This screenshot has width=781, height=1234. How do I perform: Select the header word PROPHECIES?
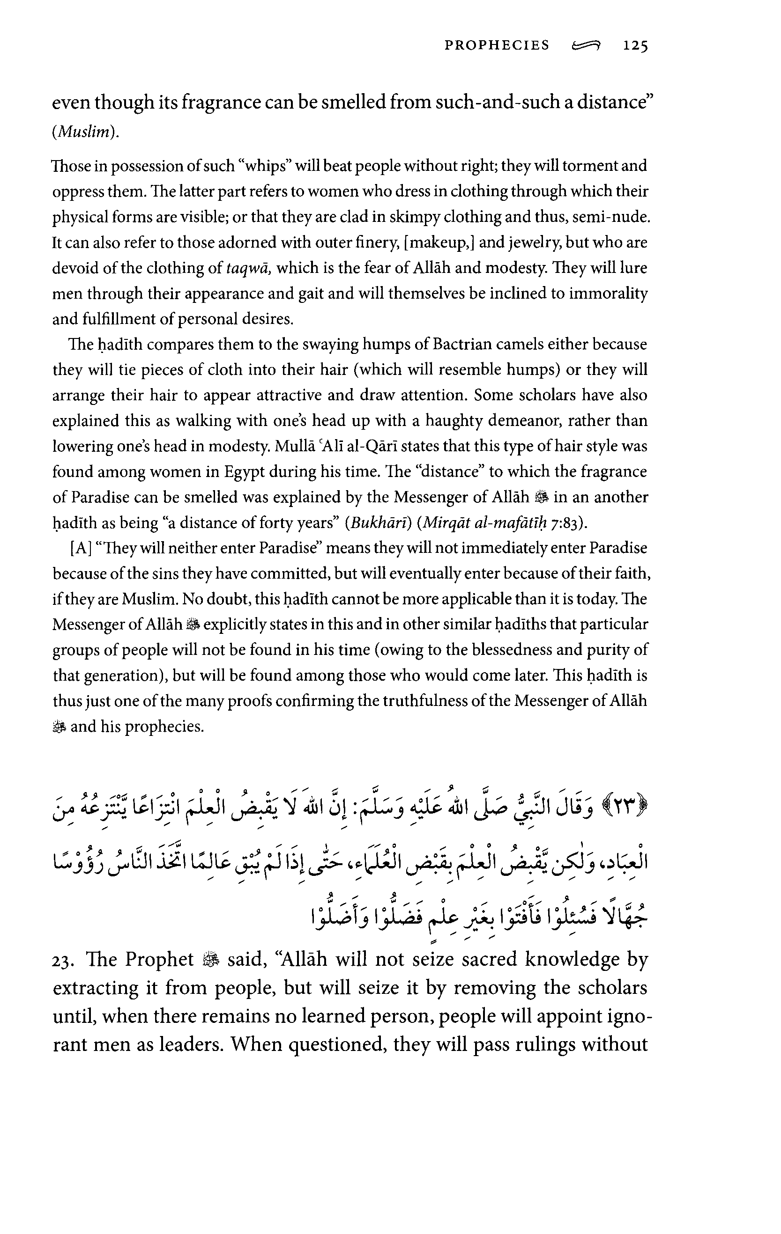pos(497,45)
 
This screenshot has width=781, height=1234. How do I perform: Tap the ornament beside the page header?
pos(585,46)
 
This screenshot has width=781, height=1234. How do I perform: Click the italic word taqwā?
pos(248,269)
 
